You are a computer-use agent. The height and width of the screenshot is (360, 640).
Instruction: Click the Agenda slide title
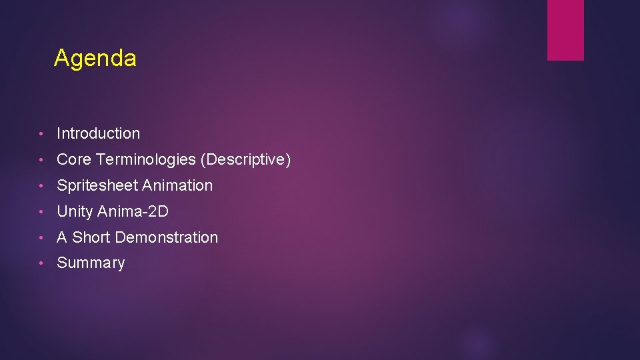(95, 59)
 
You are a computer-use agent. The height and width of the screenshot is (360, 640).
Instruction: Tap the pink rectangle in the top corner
(565, 30)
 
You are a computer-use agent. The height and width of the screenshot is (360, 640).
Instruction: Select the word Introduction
(99, 133)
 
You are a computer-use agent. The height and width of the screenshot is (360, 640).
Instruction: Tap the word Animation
(178, 185)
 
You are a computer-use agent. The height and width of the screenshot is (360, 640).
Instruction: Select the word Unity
(75, 211)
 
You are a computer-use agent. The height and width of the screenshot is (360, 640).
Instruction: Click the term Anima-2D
(133, 211)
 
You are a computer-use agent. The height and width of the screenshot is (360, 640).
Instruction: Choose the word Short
(91, 237)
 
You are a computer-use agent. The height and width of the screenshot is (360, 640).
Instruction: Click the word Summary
(91, 263)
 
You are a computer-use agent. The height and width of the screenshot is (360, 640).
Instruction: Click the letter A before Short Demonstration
(62, 237)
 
